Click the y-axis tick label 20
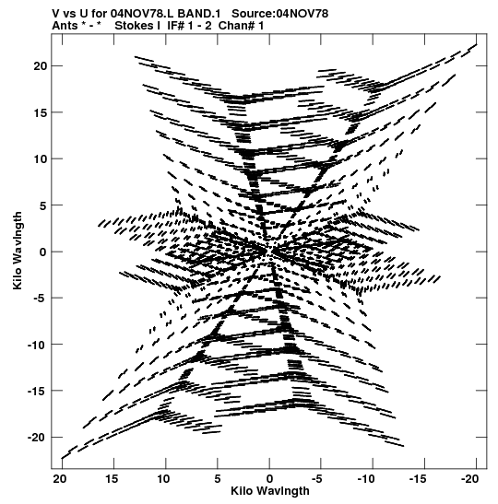point(41,66)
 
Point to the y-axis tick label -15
point(37,391)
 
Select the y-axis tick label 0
point(43,252)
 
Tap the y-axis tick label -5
point(41,299)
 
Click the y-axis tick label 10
point(41,158)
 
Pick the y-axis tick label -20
point(37,438)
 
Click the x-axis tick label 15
point(113,479)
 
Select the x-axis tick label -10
point(366,479)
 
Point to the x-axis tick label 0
point(269,479)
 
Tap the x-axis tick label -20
point(469,479)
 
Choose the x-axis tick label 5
point(218,479)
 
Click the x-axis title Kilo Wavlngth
point(270,491)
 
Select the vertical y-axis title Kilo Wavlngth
point(18,251)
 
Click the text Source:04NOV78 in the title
point(279,14)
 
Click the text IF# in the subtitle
point(175,26)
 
